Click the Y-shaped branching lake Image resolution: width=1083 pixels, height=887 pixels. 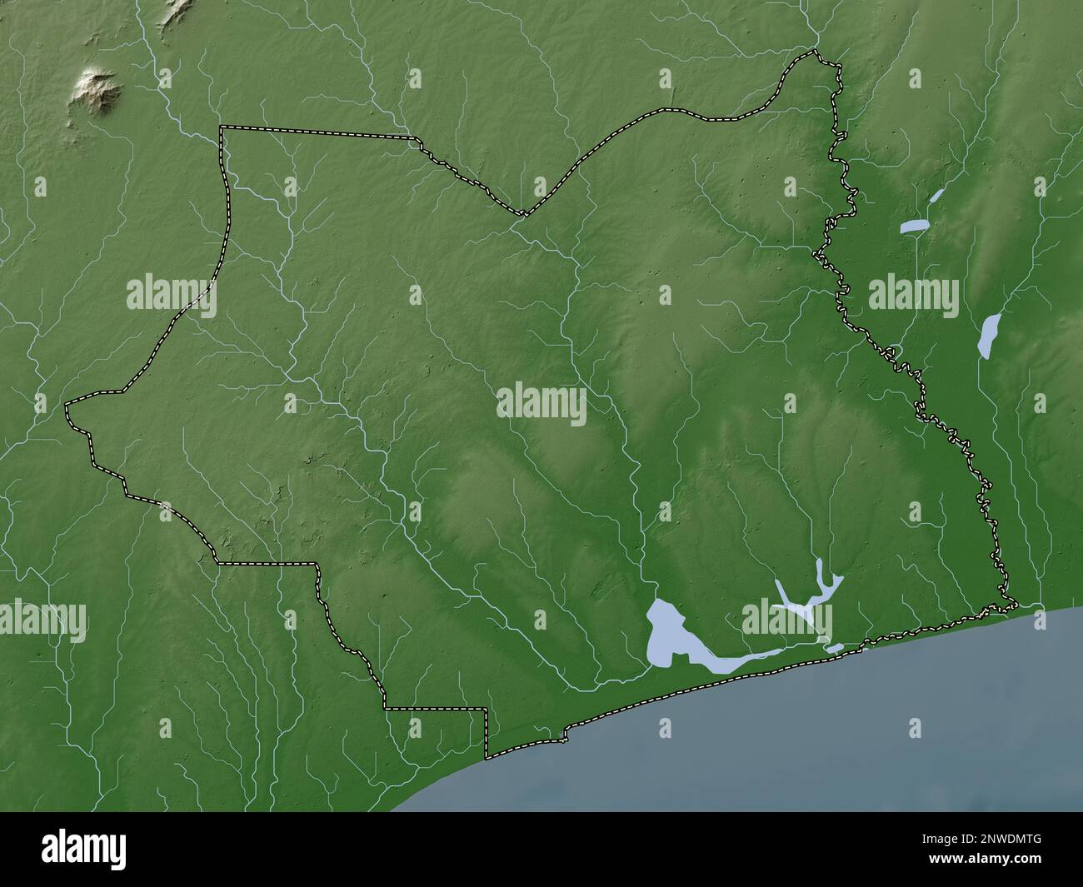808,591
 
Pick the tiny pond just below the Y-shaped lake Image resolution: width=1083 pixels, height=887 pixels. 833,648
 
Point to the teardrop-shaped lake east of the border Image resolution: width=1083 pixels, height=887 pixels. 991,335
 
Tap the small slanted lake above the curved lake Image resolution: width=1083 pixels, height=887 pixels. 937,196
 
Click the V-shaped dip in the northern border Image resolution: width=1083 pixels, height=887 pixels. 523,215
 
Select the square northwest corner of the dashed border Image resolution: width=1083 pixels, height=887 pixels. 221,127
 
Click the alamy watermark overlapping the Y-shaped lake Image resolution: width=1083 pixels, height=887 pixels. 787,620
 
